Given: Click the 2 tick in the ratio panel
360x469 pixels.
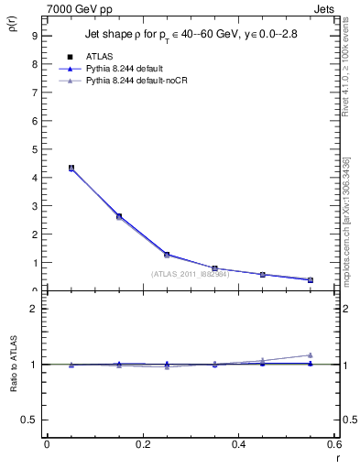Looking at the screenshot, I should (x=34, y=309).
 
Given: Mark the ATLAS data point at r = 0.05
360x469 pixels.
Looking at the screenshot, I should (x=71, y=168).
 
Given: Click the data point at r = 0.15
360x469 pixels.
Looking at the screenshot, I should (x=119, y=216).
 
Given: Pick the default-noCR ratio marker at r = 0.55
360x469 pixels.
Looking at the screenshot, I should (x=311, y=354).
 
